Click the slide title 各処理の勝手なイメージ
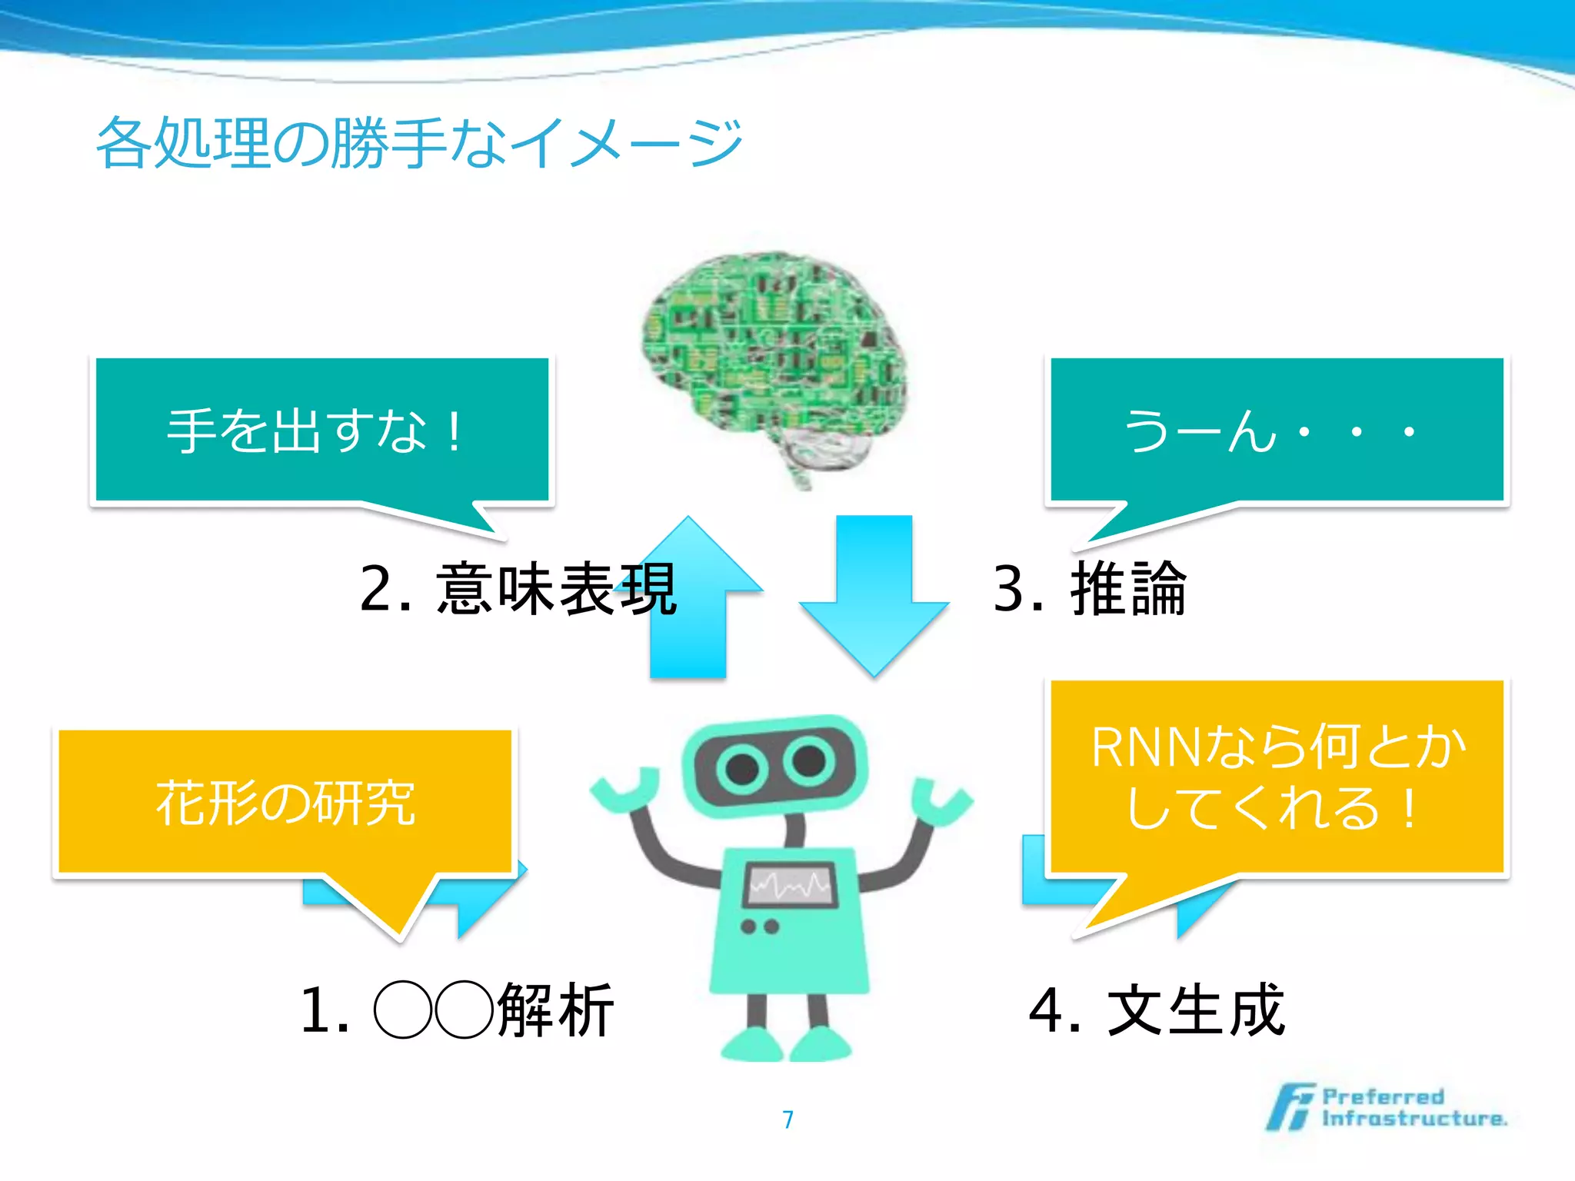click(419, 142)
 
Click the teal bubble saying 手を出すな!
click(321, 431)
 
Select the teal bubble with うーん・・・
click(1277, 431)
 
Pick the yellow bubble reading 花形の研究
click(285, 803)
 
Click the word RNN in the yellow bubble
click(1146, 747)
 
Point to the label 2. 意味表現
click(518, 589)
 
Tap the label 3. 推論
click(1091, 589)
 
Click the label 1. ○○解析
click(458, 1010)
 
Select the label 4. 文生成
click(1157, 1010)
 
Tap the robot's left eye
click(743, 768)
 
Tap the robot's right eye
click(809, 761)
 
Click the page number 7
click(787, 1119)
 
